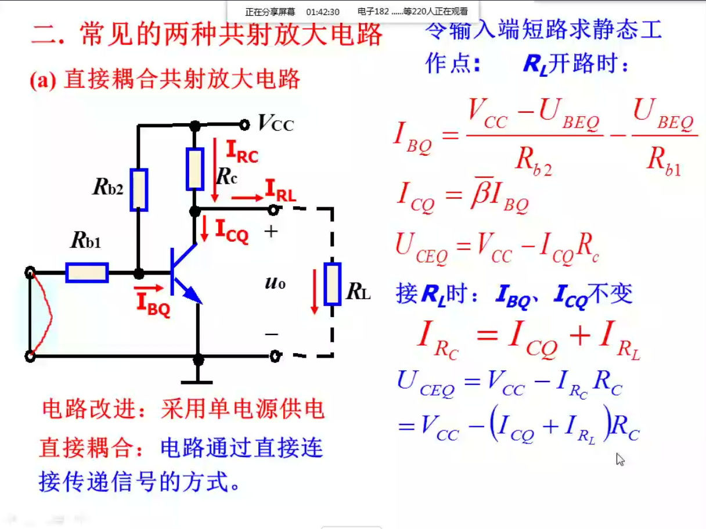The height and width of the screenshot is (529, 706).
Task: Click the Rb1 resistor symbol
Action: [87, 272]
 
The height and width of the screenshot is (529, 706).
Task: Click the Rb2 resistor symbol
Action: [139, 190]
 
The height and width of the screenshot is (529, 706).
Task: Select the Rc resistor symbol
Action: [195, 169]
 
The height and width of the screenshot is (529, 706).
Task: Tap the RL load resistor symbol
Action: [332, 283]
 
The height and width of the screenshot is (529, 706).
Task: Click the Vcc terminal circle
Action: [244, 124]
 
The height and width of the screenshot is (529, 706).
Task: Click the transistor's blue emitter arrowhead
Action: [193, 294]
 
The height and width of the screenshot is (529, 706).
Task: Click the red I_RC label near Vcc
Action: [242, 152]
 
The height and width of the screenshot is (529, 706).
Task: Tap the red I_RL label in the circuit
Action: [280, 192]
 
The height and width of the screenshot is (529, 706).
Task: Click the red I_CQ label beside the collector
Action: [232, 231]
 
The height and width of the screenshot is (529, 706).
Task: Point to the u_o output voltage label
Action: [275, 283]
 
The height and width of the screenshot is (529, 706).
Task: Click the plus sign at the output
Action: [271, 231]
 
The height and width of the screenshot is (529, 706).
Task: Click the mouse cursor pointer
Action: [620, 459]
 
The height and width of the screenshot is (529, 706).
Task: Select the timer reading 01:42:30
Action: [323, 12]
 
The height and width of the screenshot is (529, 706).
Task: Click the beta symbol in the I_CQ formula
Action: [481, 193]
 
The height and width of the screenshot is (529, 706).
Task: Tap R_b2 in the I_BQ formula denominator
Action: [534, 161]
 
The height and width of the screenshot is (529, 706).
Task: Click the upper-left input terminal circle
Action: [30, 272]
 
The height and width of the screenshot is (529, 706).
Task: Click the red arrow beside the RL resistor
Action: [314, 292]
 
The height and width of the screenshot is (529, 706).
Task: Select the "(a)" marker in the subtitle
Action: [43, 80]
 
